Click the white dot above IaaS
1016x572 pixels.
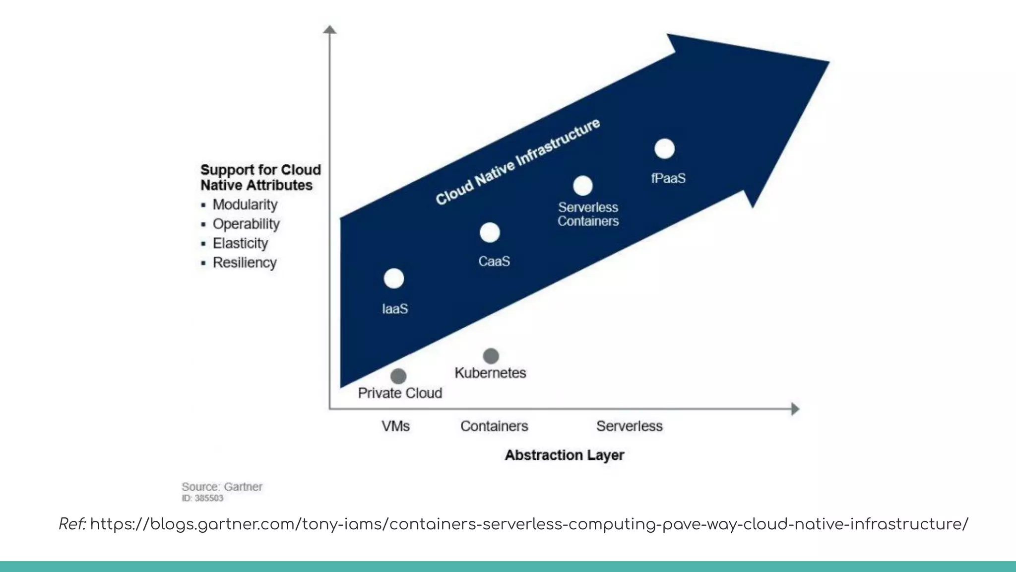point(394,279)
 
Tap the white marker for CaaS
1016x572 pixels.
point(490,232)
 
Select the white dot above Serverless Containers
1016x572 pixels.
point(583,186)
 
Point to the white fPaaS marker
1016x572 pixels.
point(665,148)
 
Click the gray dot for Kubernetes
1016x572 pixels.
point(491,356)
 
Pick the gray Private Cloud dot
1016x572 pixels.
point(398,376)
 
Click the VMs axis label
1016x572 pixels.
point(395,426)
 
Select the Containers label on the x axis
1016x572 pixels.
point(494,426)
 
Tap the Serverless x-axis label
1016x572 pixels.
point(629,426)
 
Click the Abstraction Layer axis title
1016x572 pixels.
point(564,455)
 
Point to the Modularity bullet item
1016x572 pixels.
point(245,205)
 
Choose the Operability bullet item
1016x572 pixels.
point(246,224)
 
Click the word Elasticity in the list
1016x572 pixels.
point(240,243)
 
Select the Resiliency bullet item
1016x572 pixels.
point(245,263)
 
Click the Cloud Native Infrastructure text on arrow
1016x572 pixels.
point(517,162)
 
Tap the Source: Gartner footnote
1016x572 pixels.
point(222,487)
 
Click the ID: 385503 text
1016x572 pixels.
point(202,498)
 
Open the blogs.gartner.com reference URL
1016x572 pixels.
point(529,524)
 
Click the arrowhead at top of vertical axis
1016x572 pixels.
point(330,30)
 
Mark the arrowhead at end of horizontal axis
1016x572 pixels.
point(795,409)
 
